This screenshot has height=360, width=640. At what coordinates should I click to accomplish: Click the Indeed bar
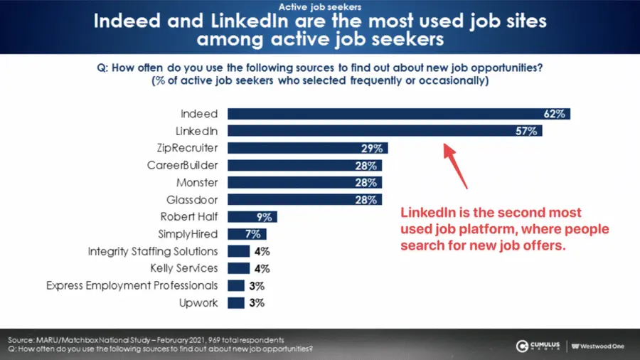(398, 114)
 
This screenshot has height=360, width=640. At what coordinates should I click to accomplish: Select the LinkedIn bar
(384, 131)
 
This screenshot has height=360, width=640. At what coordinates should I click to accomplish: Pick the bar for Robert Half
(252, 217)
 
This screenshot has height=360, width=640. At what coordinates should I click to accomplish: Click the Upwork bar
(236, 303)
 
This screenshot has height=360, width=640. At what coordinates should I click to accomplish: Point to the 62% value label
(555, 114)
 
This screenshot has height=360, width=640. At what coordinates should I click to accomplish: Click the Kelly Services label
(184, 268)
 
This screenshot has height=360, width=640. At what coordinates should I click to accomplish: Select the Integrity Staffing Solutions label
(153, 251)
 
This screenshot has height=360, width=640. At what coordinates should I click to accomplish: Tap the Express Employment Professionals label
(132, 285)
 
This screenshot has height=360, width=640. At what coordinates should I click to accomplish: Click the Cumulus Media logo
(538, 346)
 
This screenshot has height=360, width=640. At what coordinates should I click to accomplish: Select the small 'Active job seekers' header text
(319, 7)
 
